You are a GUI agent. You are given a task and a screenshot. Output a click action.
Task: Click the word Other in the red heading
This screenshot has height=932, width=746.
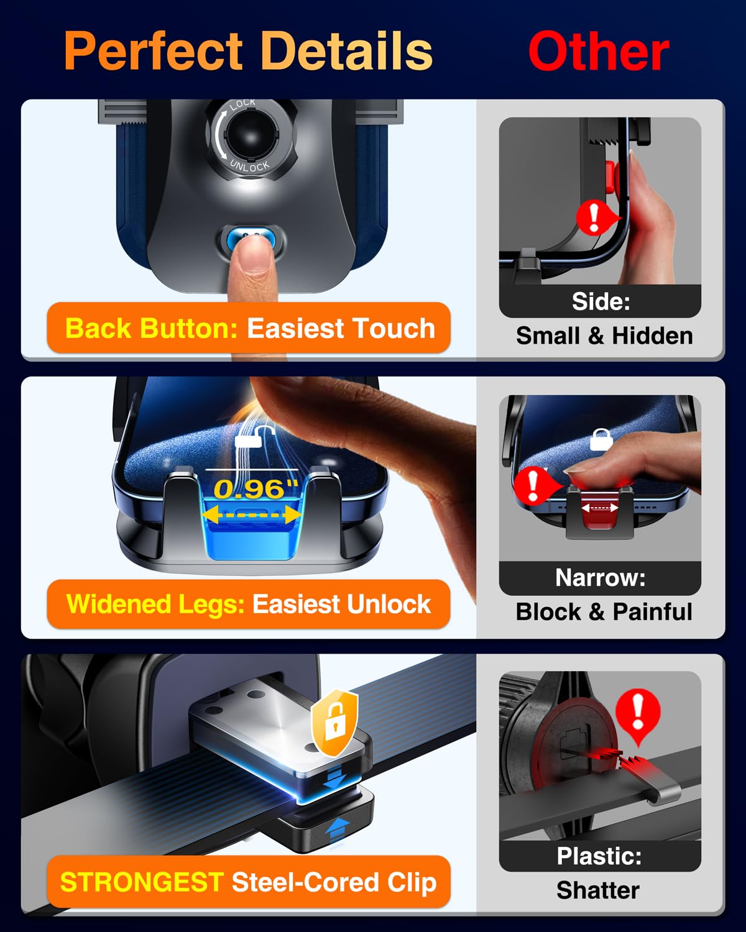pyautogui.click(x=598, y=52)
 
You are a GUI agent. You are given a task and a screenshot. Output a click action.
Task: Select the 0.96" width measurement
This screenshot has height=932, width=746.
pyautogui.click(x=256, y=489)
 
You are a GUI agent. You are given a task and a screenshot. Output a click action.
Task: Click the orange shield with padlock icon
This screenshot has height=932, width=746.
pyautogui.click(x=335, y=723)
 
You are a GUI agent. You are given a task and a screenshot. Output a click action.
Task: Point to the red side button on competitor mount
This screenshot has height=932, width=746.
pyautogui.click(x=609, y=175)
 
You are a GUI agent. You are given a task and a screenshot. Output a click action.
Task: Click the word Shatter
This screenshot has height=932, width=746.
pyautogui.click(x=597, y=890)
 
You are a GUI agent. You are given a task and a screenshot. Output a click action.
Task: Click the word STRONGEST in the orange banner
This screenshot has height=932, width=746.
pyautogui.click(x=142, y=882)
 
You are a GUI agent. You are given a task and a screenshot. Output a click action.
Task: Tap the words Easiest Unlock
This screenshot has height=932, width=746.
pyautogui.click(x=341, y=604)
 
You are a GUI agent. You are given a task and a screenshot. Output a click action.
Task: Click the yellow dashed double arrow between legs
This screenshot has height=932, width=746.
pyautogui.click(x=252, y=514)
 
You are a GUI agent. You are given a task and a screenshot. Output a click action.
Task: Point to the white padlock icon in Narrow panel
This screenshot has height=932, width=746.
pyautogui.click(x=601, y=439)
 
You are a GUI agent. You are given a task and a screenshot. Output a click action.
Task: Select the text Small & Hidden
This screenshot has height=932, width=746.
pyautogui.click(x=604, y=336)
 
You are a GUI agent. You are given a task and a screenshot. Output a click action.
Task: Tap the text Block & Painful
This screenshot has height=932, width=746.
pyautogui.click(x=604, y=612)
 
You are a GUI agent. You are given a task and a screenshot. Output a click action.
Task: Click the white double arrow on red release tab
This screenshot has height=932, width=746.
pyautogui.click(x=599, y=508)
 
